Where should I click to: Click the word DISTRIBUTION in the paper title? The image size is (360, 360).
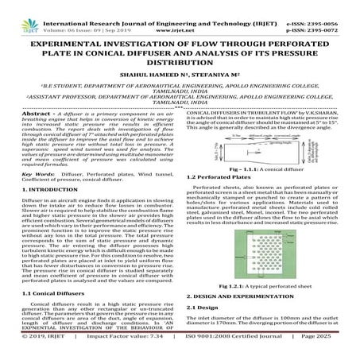(x=180, y=61)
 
